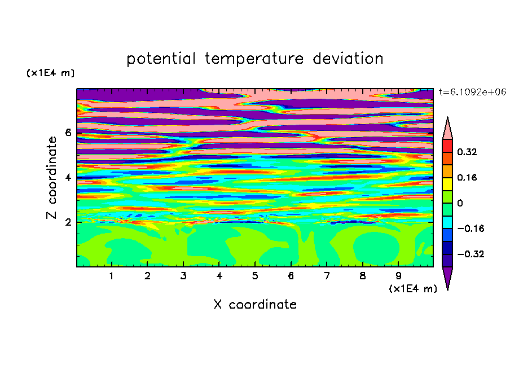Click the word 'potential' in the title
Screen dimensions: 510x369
(x=161, y=59)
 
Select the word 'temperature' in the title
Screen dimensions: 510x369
(x=254, y=59)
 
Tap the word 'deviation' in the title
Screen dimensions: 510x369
(x=348, y=59)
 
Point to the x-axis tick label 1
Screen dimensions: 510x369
(x=111, y=276)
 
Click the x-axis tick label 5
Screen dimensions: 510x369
(x=255, y=276)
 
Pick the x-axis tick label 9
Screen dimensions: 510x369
(x=398, y=276)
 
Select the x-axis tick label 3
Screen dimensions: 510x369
(x=183, y=276)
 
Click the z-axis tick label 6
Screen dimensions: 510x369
(x=68, y=133)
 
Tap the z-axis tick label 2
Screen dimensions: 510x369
(x=68, y=222)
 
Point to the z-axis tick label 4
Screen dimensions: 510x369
(x=68, y=178)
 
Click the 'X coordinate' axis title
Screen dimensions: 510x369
(x=255, y=304)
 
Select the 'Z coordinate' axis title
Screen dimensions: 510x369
(x=52, y=178)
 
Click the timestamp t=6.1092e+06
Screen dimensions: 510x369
(x=472, y=93)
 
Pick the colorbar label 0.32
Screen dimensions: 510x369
(x=467, y=152)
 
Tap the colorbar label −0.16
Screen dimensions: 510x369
(x=471, y=229)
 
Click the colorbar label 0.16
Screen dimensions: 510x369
(x=467, y=177)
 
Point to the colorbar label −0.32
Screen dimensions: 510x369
(x=471, y=254)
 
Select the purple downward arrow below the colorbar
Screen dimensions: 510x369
(x=447, y=276)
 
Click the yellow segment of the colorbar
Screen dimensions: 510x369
(x=447, y=184)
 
